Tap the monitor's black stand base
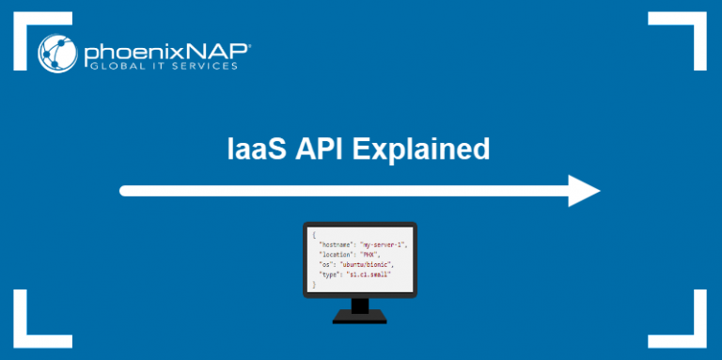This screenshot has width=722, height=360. (359, 317)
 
